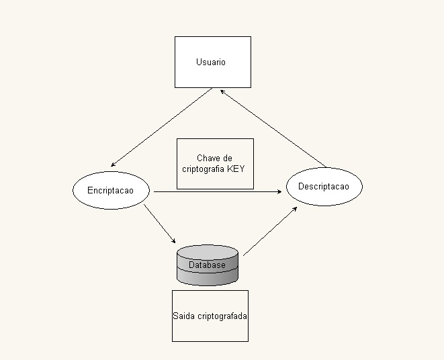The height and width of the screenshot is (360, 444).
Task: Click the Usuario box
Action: pos(212,62)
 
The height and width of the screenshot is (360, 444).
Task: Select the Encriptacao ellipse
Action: pos(110,191)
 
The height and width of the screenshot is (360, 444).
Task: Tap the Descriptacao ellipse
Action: pos(324,186)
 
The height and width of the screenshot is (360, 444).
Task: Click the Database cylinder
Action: pos(207,265)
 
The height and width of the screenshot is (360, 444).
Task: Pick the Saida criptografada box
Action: pos(210,316)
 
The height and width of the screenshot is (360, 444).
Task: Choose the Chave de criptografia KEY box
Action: pos(215,163)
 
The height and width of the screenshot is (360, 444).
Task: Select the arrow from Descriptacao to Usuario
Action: pos(273,130)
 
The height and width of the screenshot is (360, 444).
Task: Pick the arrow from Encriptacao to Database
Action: pos(159,223)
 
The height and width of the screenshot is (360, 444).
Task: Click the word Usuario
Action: pos(211,62)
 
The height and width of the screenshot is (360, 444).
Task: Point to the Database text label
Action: pos(207,265)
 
